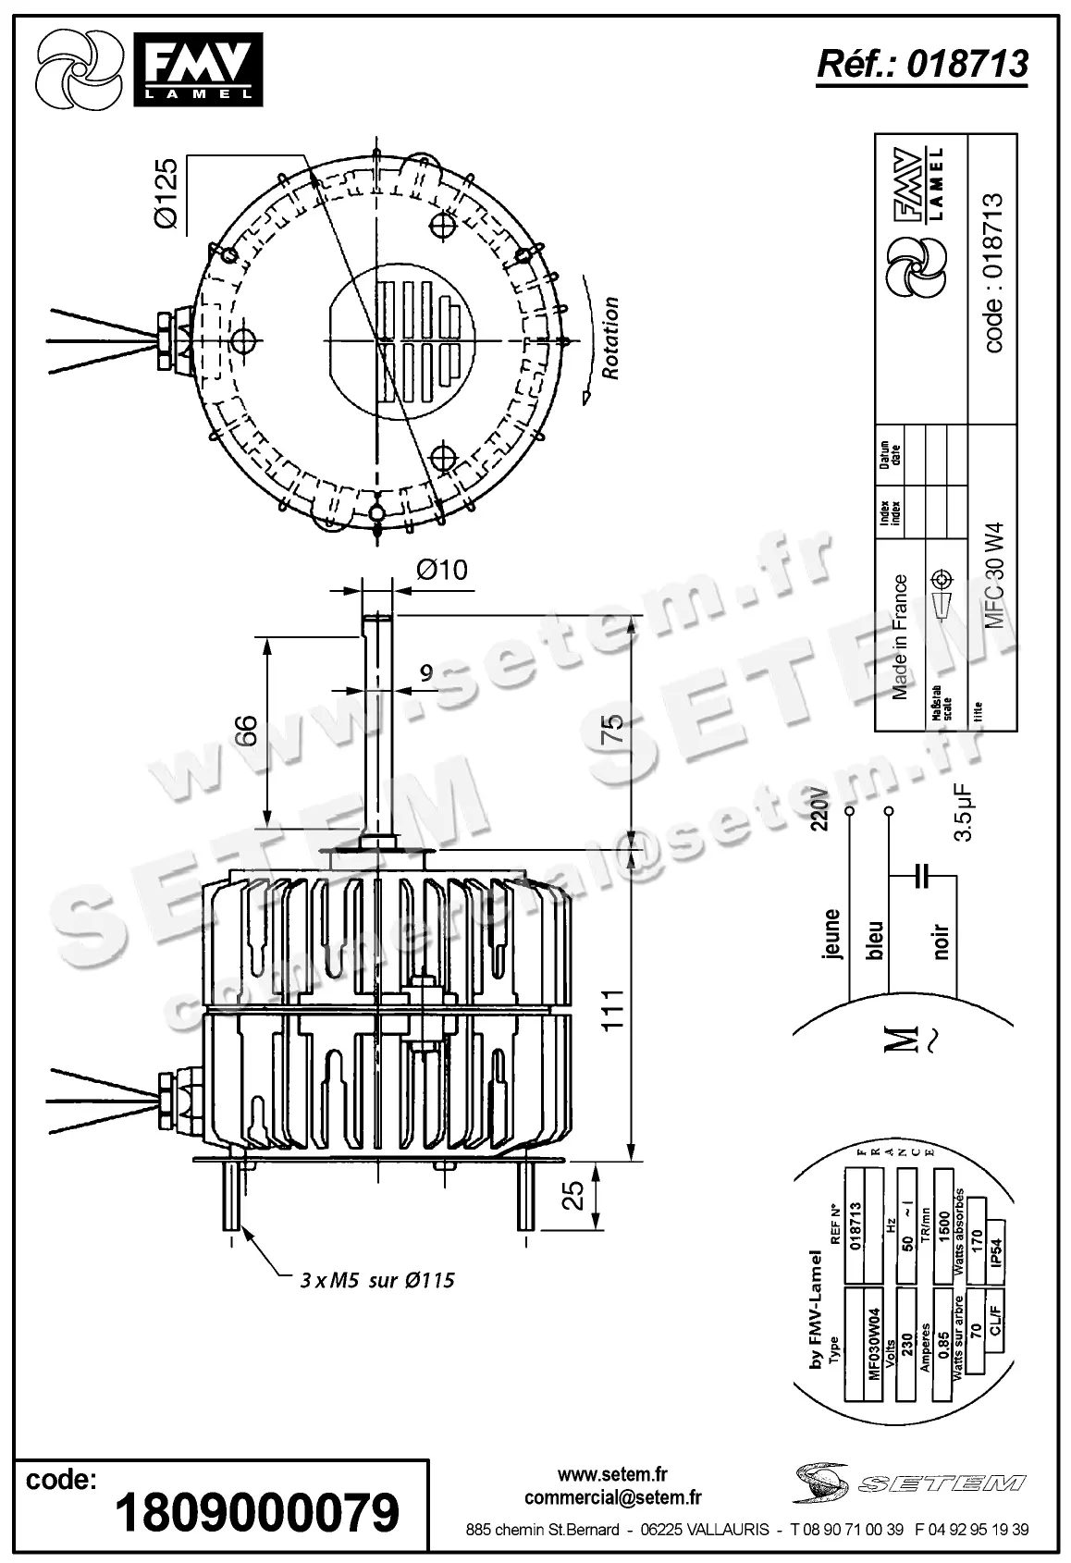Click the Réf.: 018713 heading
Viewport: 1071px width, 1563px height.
click(x=921, y=64)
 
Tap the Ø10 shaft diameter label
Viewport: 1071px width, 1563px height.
click(x=441, y=571)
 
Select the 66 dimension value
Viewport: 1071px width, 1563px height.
click(x=244, y=731)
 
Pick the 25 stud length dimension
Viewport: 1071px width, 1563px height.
click(x=574, y=1195)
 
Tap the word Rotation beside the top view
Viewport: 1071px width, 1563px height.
click(x=611, y=338)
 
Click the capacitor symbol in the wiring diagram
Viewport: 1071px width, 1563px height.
click(x=920, y=875)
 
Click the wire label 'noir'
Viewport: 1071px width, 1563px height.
click(x=942, y=941)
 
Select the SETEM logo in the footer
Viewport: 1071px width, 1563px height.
click(x=908, y=1483)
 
